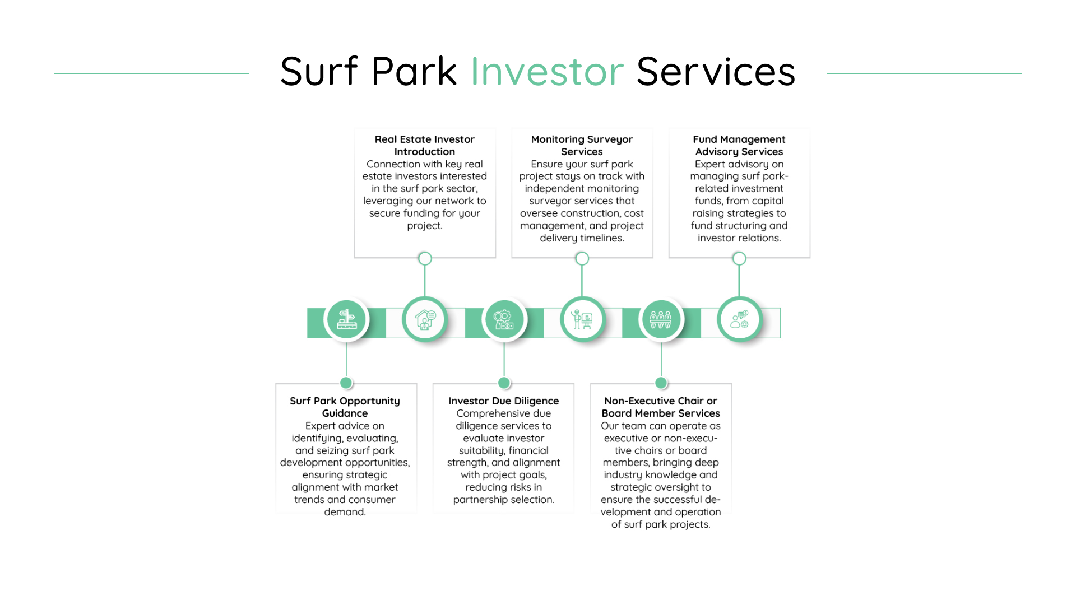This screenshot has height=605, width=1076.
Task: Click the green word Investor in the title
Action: coord(547,71)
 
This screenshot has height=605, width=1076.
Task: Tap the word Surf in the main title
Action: coord(319,71)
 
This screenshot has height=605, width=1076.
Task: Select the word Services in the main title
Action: coord(716,71)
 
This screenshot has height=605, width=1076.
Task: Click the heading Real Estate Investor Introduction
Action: coord(425,145)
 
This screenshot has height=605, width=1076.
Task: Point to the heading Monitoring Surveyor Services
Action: coord(582,145)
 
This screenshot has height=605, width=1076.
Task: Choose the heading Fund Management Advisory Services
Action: coord(739,145)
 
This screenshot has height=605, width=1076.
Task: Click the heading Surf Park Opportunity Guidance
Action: coord(345,407)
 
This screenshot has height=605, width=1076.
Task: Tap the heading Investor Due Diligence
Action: coord(504,401)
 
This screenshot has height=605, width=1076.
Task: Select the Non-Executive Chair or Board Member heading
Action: coord(661,407)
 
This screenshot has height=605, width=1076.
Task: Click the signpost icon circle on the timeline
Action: coord(346,319)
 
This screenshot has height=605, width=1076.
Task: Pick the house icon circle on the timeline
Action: coord(425,319)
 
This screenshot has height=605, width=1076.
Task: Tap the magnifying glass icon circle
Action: coord(504,319)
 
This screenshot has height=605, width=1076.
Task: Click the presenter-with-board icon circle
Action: coord(582,319)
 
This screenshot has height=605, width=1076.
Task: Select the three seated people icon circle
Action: coord(661,319)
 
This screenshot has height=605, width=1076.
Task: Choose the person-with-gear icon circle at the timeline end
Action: coord(740,319)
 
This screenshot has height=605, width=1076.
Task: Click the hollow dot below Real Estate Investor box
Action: coord(425,258)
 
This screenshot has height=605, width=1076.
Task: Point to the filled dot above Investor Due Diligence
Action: coord(504,383)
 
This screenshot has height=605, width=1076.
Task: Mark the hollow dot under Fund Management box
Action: coord(739,258)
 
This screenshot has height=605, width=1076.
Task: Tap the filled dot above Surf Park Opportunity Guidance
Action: coord(346,383)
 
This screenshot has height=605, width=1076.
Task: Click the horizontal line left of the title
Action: coord(152,73)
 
